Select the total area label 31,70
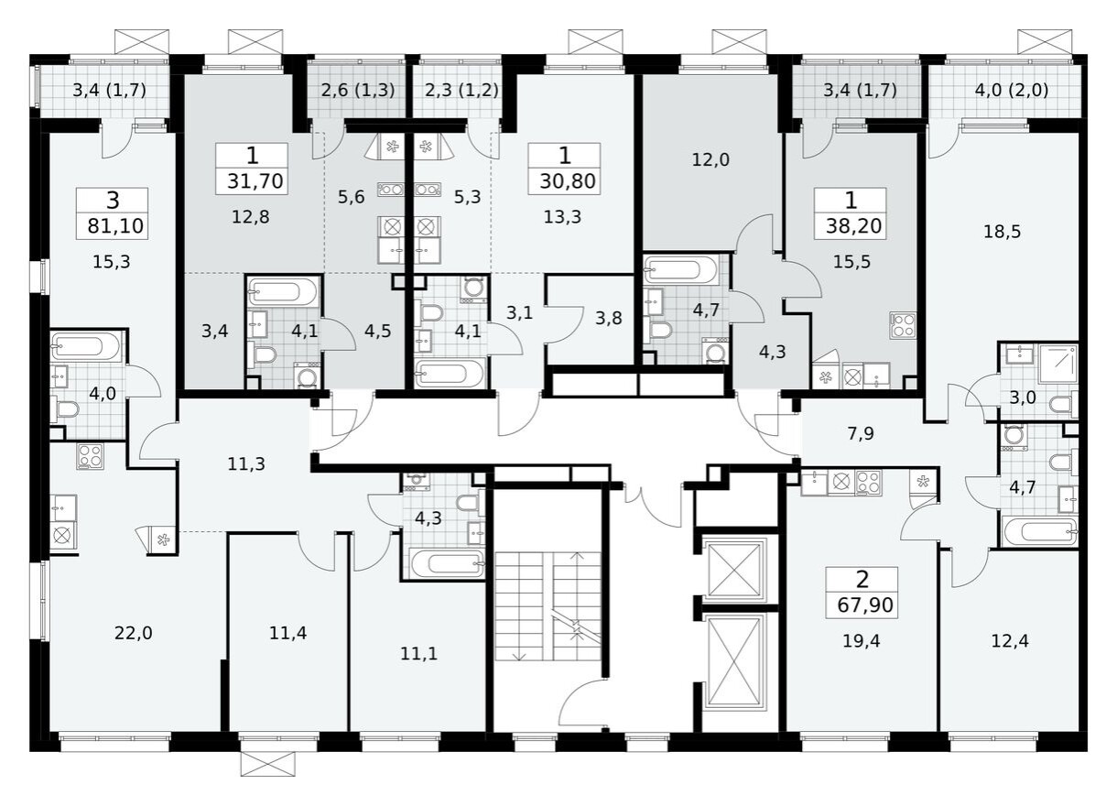click(x=251, y=181)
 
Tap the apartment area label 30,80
click(x=563, y=181)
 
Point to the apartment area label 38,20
click(x=851, y=226)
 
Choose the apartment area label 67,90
click(x=862, y=605)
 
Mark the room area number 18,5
click(x=1002, y=232)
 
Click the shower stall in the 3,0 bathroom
click(x=1057, y=364)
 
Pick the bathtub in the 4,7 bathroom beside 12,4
click(x=1038, y=530)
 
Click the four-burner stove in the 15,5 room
click(x=903, y=325)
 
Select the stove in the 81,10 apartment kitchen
click(x=90, y=456)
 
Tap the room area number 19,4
click(x=861, y=640)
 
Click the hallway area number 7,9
click(x=861, y=433)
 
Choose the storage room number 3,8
click(x=606, y=320)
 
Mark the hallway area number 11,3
click(x=246, y=463)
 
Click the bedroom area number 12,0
click(x=710, y=159)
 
